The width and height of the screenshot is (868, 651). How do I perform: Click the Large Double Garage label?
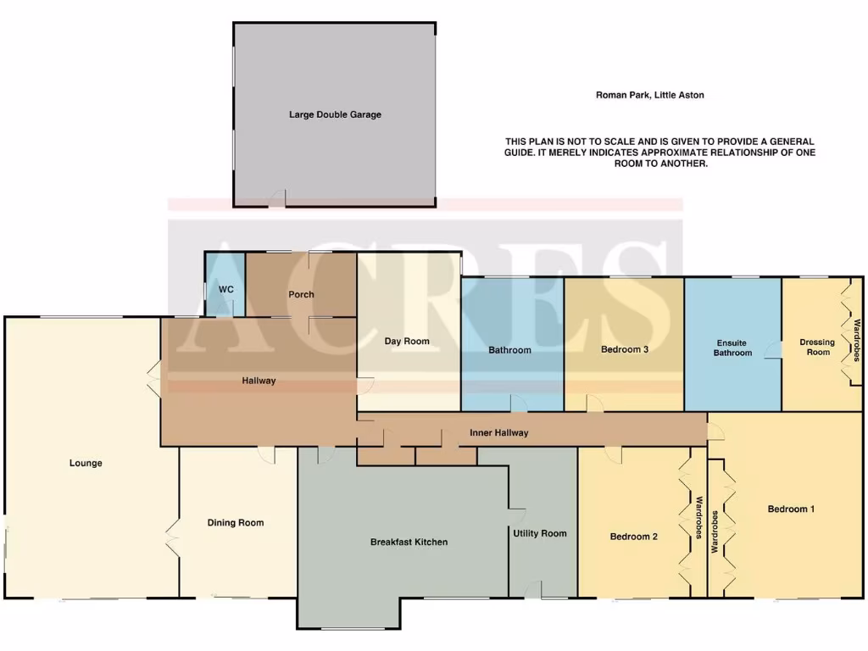pyautogui.click(x=335, y=114)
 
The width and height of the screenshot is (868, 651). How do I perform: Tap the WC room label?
pyautogui.click(x=226, y=290)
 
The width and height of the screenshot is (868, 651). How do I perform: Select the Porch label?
pyautogui.click(x=301, y=295)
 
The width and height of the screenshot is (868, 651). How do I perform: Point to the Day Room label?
pyautogui.click(x=407, y=342)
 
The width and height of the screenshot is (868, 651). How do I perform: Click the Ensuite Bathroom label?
pyautogui.click(x=732, y=348)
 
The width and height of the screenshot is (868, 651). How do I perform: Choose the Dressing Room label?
pyautogui.click(x=817, y=347)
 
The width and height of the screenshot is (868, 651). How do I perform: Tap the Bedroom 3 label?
pyautogui.click(x=625, y=349)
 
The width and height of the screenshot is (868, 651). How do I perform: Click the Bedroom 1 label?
pyautogui.click(x=791, y=509)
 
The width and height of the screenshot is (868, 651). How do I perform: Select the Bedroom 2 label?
pyautogui.click(x=634, y=537)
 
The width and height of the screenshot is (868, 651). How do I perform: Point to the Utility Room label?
pyautogui.click(x=539, y=533)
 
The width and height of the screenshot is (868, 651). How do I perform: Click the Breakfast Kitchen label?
pyautogui.click(x=409, y=542)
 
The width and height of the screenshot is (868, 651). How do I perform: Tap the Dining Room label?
pyautogui.click(x=236, y=523)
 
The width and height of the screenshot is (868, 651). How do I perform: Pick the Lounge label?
pyautogui.click(x=86, y=464)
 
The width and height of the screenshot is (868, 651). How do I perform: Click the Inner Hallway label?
pyautogui.click(x=499, y=433)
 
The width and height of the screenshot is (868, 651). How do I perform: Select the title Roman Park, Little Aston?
pyautogui.click(x=649, y=96)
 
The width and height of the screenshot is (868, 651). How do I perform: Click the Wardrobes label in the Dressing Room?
pyautogui.click(x=857, y=339)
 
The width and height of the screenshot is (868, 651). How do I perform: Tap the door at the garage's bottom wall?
pyautogui.click(x=278, y=199)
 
